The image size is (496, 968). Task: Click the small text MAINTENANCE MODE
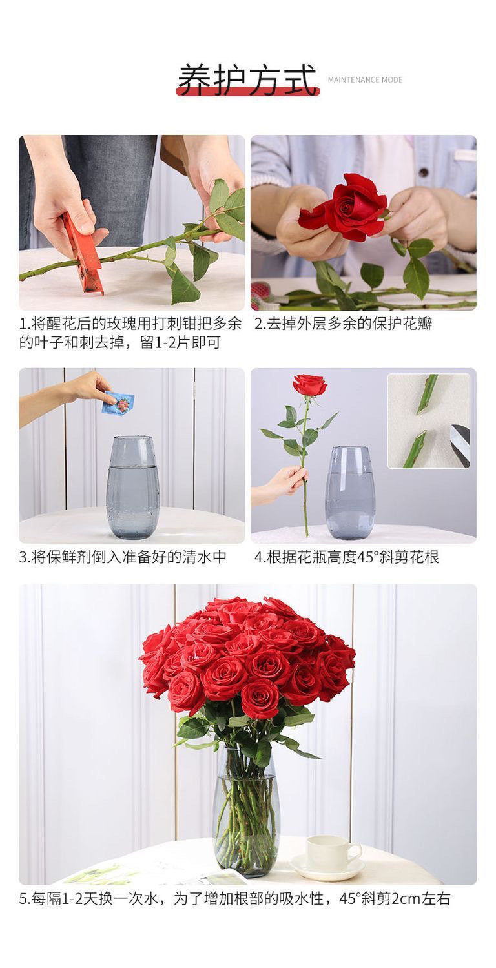[x=365, y=80]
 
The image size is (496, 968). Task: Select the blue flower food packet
[x=118, y=403]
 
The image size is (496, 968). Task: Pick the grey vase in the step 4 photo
[x=349, y=491]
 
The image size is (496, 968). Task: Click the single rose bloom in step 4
[x=310, y=385]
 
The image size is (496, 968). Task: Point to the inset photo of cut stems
[x=428, y=420]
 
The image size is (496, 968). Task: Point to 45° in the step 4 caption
[x=367, y=557]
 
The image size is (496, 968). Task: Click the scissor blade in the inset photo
[x=461, y=445]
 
